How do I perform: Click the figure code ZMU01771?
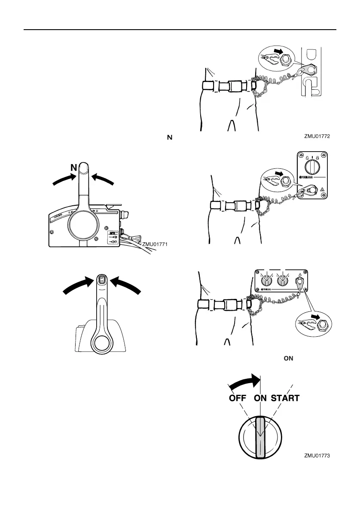point(155,244)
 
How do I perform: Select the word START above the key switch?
point(285,398)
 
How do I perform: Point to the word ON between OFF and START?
point(260,398)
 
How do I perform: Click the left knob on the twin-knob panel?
point(266,281)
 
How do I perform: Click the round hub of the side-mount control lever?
point(82,226)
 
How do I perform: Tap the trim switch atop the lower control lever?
point(102,279)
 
